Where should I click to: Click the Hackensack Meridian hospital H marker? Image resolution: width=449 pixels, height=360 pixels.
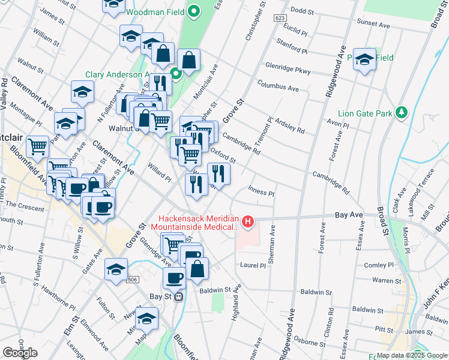pos(247,223)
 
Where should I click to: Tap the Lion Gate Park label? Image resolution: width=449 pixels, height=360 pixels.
pos(365,113)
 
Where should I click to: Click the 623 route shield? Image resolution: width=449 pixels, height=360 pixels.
pos(280,19)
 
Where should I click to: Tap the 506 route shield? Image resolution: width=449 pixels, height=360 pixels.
pos(133,279)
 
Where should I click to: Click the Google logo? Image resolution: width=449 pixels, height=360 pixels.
pos(20,353)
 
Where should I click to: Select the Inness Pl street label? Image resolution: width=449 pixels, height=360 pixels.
pos(261,194)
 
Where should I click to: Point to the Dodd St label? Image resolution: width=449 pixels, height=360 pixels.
pos(301,11)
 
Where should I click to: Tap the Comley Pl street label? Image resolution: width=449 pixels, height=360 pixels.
pos(379,265)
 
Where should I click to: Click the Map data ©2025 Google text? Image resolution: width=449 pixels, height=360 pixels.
pos(412,355)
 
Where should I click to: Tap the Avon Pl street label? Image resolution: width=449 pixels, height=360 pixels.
pos(337,125)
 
